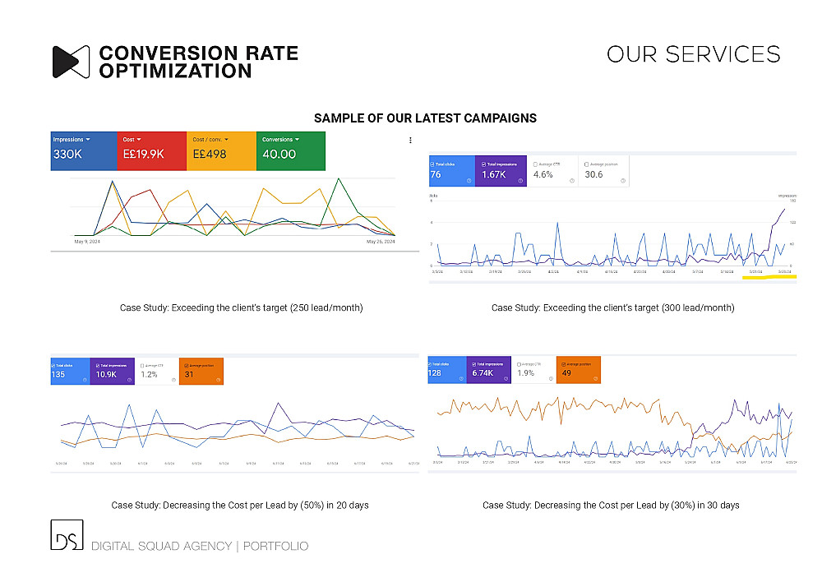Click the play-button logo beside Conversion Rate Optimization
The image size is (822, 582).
click(x=71, y=62)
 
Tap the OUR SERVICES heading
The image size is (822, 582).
click(x=693, y=54)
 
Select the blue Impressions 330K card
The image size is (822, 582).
click(x=83, y=149)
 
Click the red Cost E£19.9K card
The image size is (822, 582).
click(x=151, y=149)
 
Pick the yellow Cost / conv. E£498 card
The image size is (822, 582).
click(x=221, y=149)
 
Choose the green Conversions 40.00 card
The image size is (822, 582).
click(x=291, y=149)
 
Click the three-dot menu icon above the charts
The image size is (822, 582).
click(x=410, y=141)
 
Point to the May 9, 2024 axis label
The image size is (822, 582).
click(x=87, y=242)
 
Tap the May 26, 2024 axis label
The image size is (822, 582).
click(x=380, y=242)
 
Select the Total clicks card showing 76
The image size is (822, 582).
click(x=451, y=171)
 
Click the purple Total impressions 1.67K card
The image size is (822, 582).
click(x=501, y=171)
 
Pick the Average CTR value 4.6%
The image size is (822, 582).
click(x=543, y=174)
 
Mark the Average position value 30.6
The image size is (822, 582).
click(x=594, y=174)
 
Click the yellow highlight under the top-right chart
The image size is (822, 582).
click(x=768, y=277)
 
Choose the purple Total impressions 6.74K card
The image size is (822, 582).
click(x=491, y=371)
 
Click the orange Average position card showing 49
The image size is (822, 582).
click(x=578, y=371)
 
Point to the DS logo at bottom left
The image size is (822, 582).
click(x=66, y=535)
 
